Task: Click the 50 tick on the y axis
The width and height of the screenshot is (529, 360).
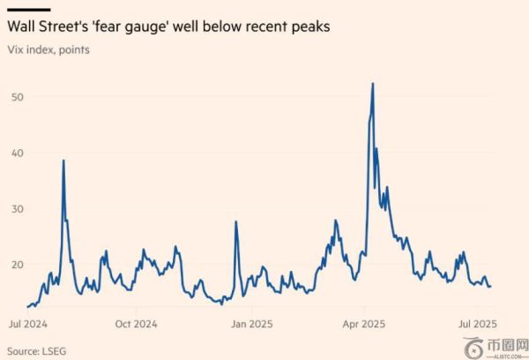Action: tap(18, 95)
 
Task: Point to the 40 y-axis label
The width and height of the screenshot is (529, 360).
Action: tap(18, 153)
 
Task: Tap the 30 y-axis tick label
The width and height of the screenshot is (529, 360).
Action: tap(18, 208)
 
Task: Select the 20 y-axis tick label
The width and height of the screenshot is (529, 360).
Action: tap(18, 264)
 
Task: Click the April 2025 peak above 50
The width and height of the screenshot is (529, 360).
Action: tap(373, 84)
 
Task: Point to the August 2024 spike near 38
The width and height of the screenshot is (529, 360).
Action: tap(63, 161)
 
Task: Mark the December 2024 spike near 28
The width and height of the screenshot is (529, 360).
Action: tap(236, 221)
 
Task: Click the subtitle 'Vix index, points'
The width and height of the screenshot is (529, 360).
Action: tap(48, 49)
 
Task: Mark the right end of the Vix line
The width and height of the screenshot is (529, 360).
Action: tap(490, 286)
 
